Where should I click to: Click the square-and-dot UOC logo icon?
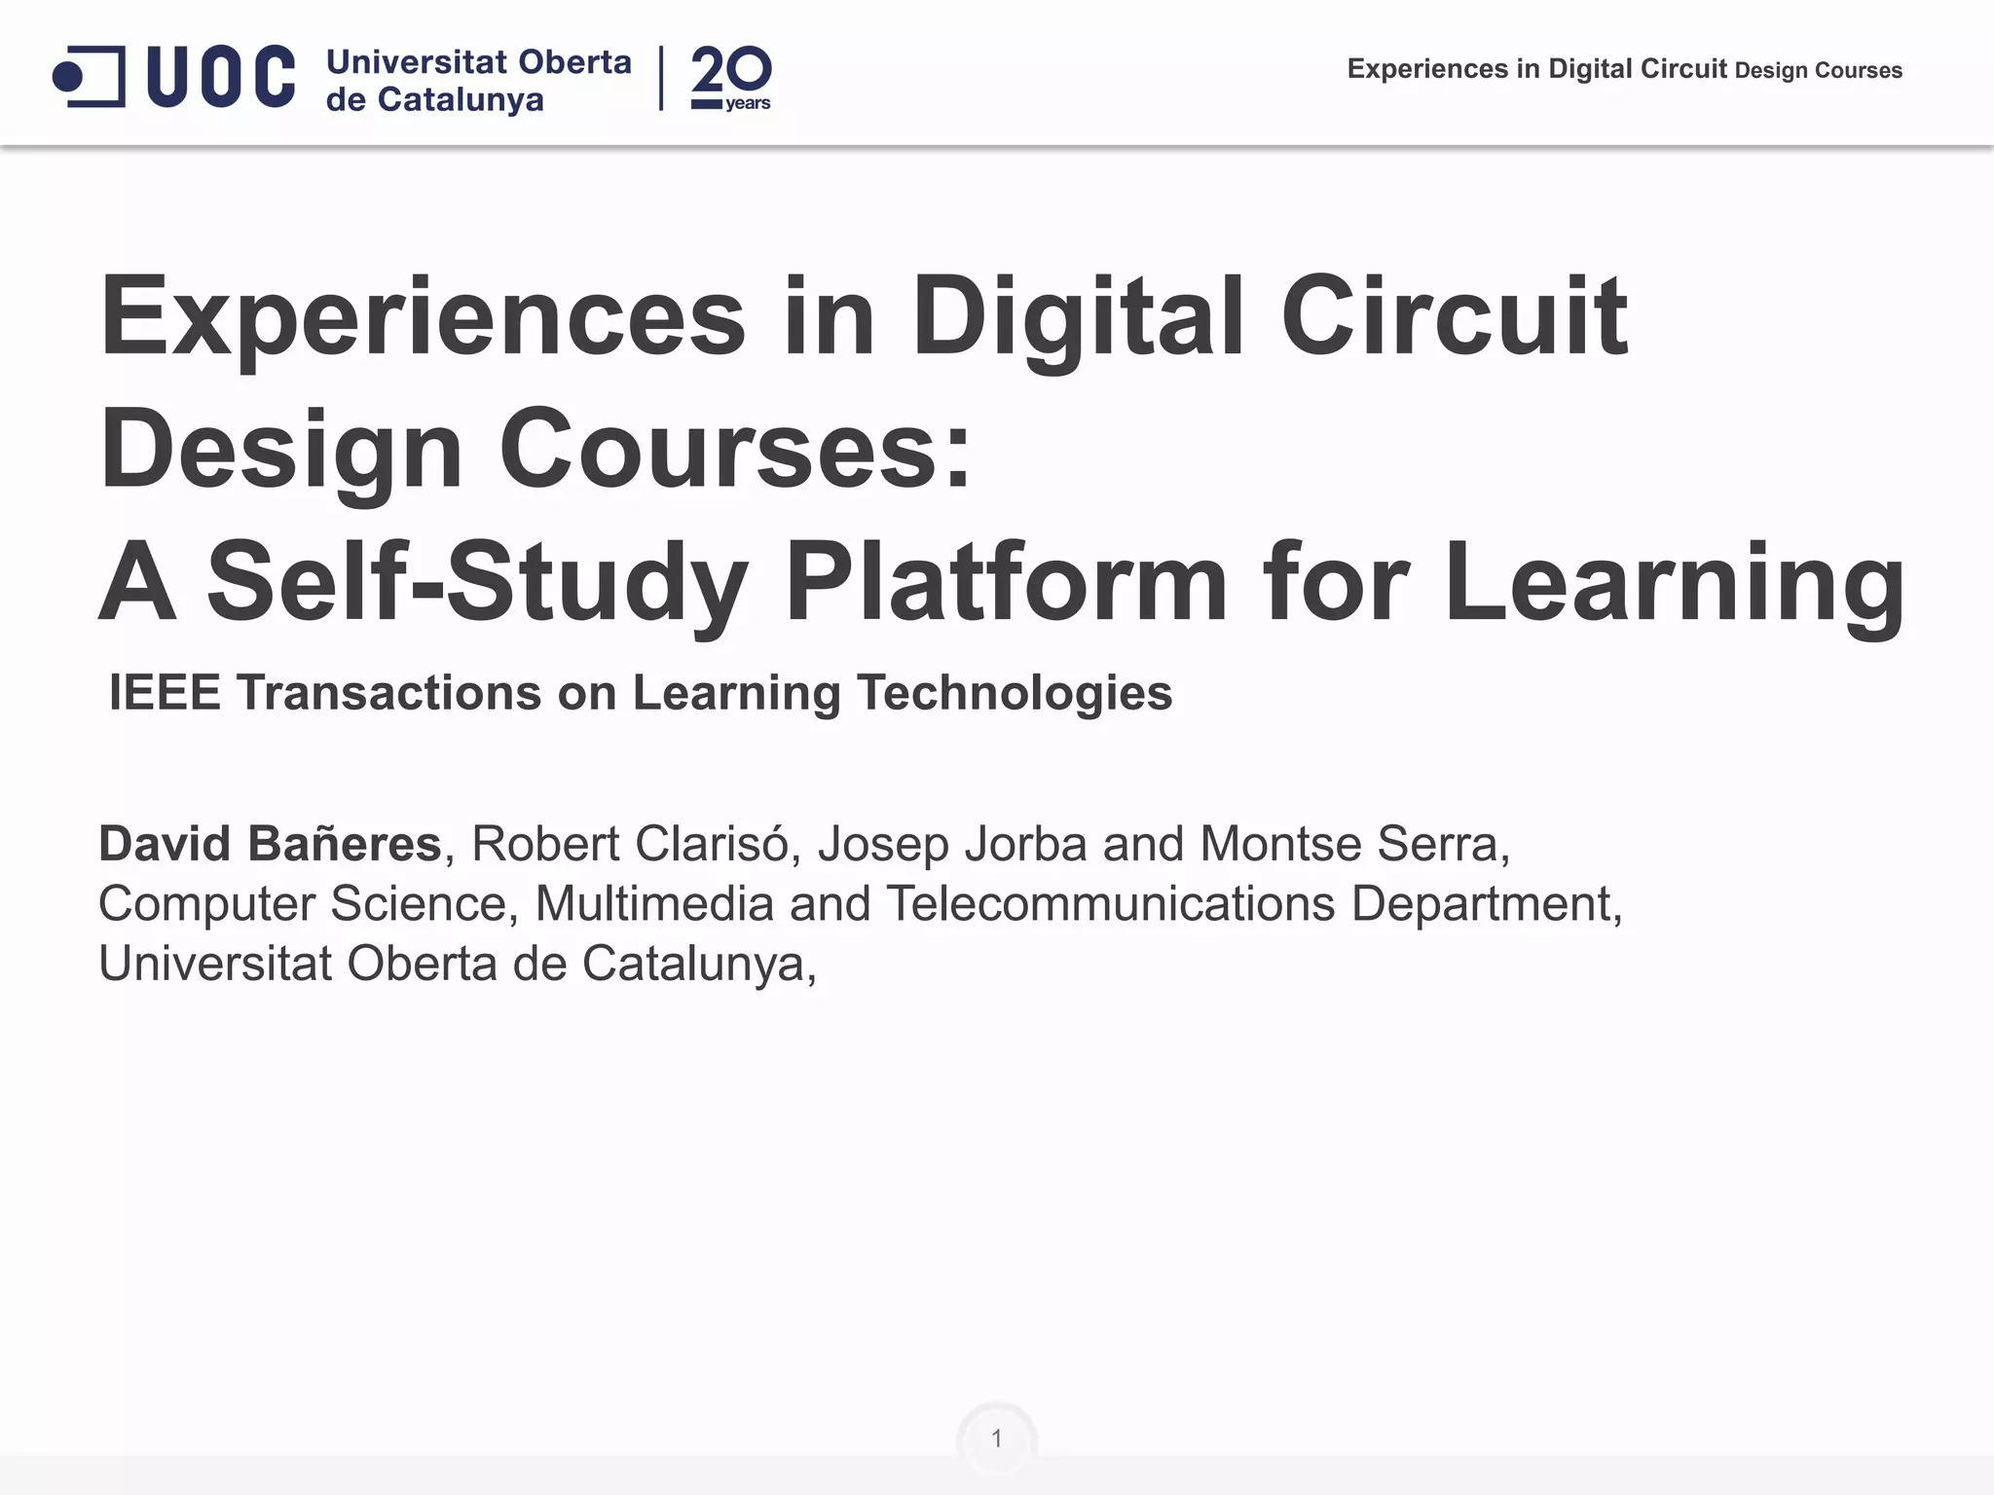coord(89,76)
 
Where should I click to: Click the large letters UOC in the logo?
coord(221,76)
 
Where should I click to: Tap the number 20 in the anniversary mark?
coord(731,71)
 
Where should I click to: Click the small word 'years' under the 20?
coord(748,103)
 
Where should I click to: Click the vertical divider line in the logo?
coord(661,78)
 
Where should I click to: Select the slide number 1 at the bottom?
coord(996,1438)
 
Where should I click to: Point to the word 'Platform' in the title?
coord(1007,582)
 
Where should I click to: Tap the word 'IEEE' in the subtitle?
coord(165,693)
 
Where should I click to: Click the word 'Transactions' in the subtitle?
coord(388,693)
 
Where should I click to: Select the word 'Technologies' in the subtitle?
coord(1015,693)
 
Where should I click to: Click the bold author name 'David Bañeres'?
coord(271,843)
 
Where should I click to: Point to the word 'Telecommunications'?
coord(1110,903)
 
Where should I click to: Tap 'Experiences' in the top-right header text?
coord(1427,69)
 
